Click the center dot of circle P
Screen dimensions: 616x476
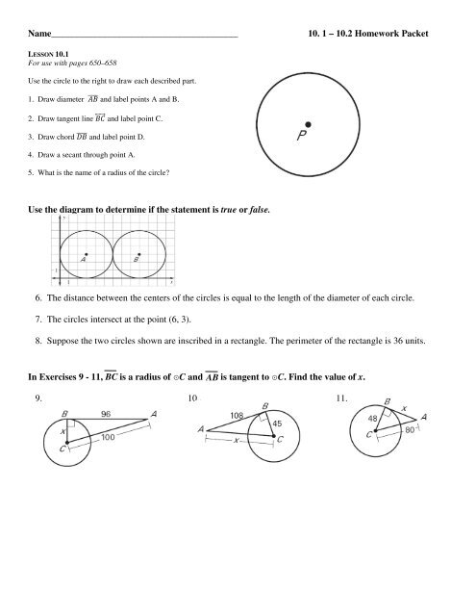click(308, 124)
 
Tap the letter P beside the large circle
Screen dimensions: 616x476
click(302, 139)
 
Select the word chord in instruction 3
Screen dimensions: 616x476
click(61, 140)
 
